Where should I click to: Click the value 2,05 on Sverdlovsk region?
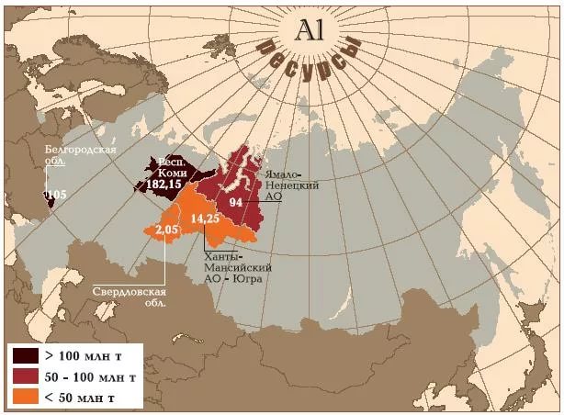click(x=166, y=229)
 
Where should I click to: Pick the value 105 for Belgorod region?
click(x=56, y=195)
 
